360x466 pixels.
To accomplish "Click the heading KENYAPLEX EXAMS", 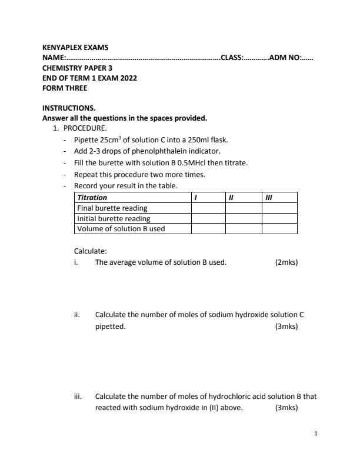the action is [x=75, y=47].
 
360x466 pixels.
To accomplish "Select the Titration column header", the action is [x=92, y=198].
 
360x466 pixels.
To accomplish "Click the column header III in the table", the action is [x=269, y=198].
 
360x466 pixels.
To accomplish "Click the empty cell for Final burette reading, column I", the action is [x=208, y=208].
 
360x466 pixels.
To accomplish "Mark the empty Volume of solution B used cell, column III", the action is [x=279, y=228].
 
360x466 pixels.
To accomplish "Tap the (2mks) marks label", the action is [x=286, y=262].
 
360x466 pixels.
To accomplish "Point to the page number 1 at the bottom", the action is [x=316, y=434].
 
